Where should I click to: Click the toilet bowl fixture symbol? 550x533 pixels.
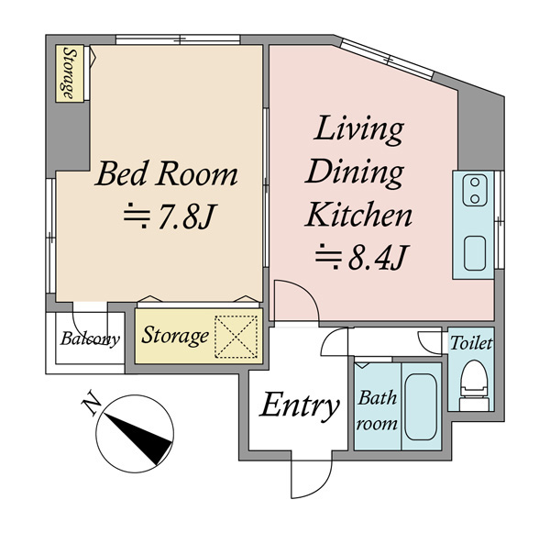(474, 385)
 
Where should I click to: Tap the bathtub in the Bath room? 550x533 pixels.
(421, 406)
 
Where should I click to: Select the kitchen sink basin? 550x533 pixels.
(475, 253)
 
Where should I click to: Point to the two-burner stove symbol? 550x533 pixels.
(475, 190)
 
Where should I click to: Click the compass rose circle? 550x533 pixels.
(135, 434)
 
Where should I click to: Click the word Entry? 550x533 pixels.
(299, 406)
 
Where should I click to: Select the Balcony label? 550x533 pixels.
(90, 339)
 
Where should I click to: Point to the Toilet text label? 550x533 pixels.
(471, 343)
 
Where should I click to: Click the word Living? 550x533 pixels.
(358, 130)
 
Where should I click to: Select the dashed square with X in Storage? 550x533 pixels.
(236, 337)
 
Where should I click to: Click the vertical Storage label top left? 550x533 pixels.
(70, 73)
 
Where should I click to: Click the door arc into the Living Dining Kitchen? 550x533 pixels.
(306, 291)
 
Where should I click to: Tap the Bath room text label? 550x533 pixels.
(377, 410)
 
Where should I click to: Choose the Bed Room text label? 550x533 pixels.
(166, 173)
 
